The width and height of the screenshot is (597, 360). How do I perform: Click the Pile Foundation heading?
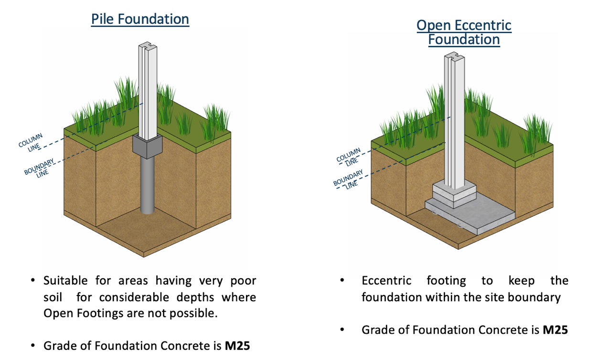tap(140, 19)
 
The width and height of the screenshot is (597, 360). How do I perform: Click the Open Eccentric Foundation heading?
tap(464, 32)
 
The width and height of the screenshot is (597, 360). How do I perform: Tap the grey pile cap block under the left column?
tap(147, 146)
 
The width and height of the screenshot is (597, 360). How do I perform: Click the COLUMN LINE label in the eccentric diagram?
tap(349, 157)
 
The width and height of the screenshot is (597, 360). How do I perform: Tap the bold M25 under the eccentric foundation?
tap(555, 329)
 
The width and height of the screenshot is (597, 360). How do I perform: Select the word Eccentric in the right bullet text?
tap(386, 281)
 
